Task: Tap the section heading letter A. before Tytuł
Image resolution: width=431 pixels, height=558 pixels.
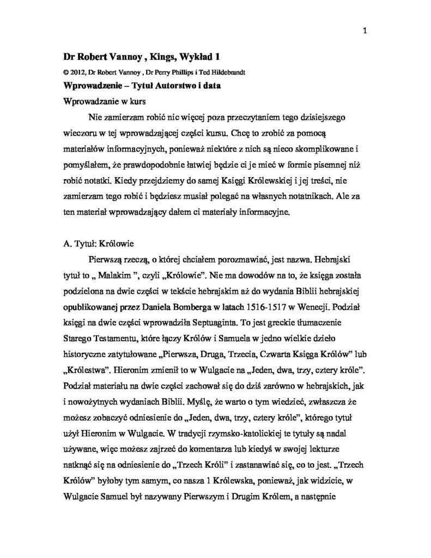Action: point(68,245)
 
